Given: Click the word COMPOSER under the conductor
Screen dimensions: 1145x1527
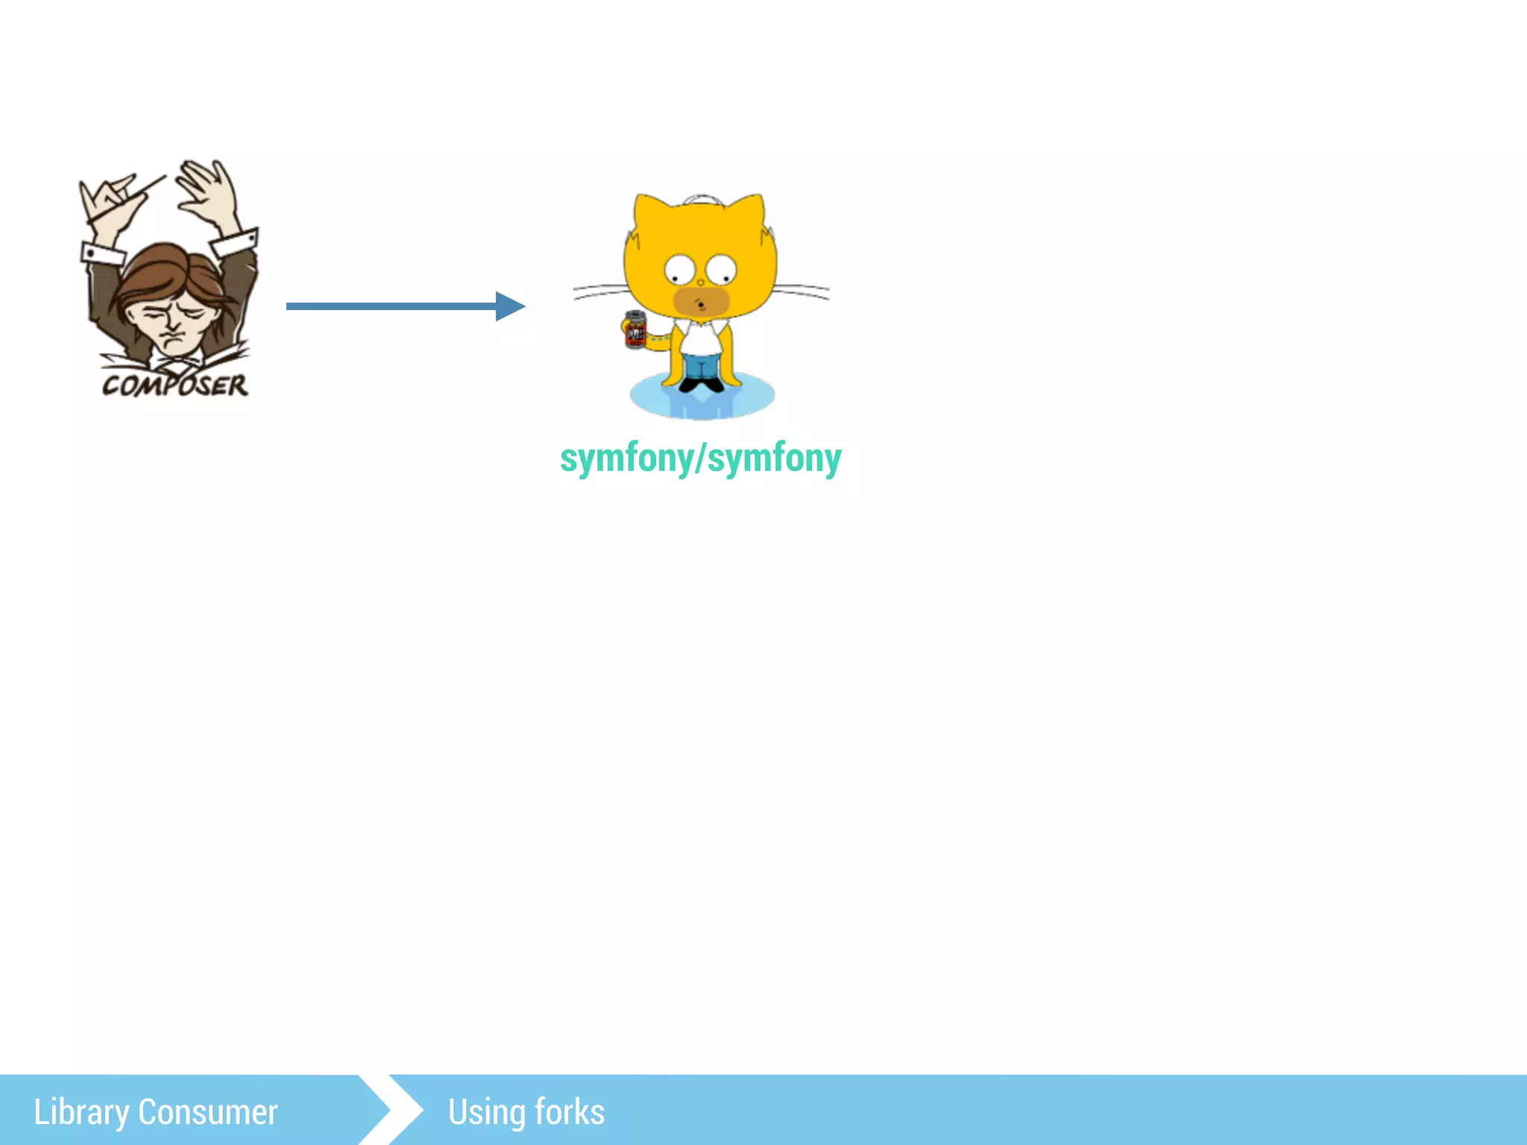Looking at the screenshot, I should pyautogui.click(x=175, y=385).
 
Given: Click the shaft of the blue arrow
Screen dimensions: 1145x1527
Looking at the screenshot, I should pyautogui.click(x=388, y=306).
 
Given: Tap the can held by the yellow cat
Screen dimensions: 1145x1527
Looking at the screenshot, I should pyautogui.click(x=635, y=330).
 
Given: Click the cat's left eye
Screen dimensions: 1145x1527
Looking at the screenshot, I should pyautogui.click(x=679, y=268).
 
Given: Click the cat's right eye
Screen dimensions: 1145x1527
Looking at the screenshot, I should pyautogui.click(x=721, y=268).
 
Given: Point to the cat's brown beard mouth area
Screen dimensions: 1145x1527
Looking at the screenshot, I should pyautogui.click(x=701, y=302).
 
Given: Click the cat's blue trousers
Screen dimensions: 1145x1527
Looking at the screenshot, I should pyautogui.click(x=702, y=366).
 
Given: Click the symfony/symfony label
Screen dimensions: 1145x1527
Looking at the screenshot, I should pyautogui.click(x=700, y=458).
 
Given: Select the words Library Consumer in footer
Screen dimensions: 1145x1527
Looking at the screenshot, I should pyautogui.click(x=156, y=1111).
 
